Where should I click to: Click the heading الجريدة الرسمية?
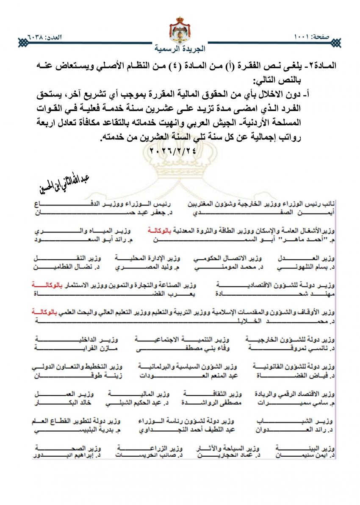coord(180,48)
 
